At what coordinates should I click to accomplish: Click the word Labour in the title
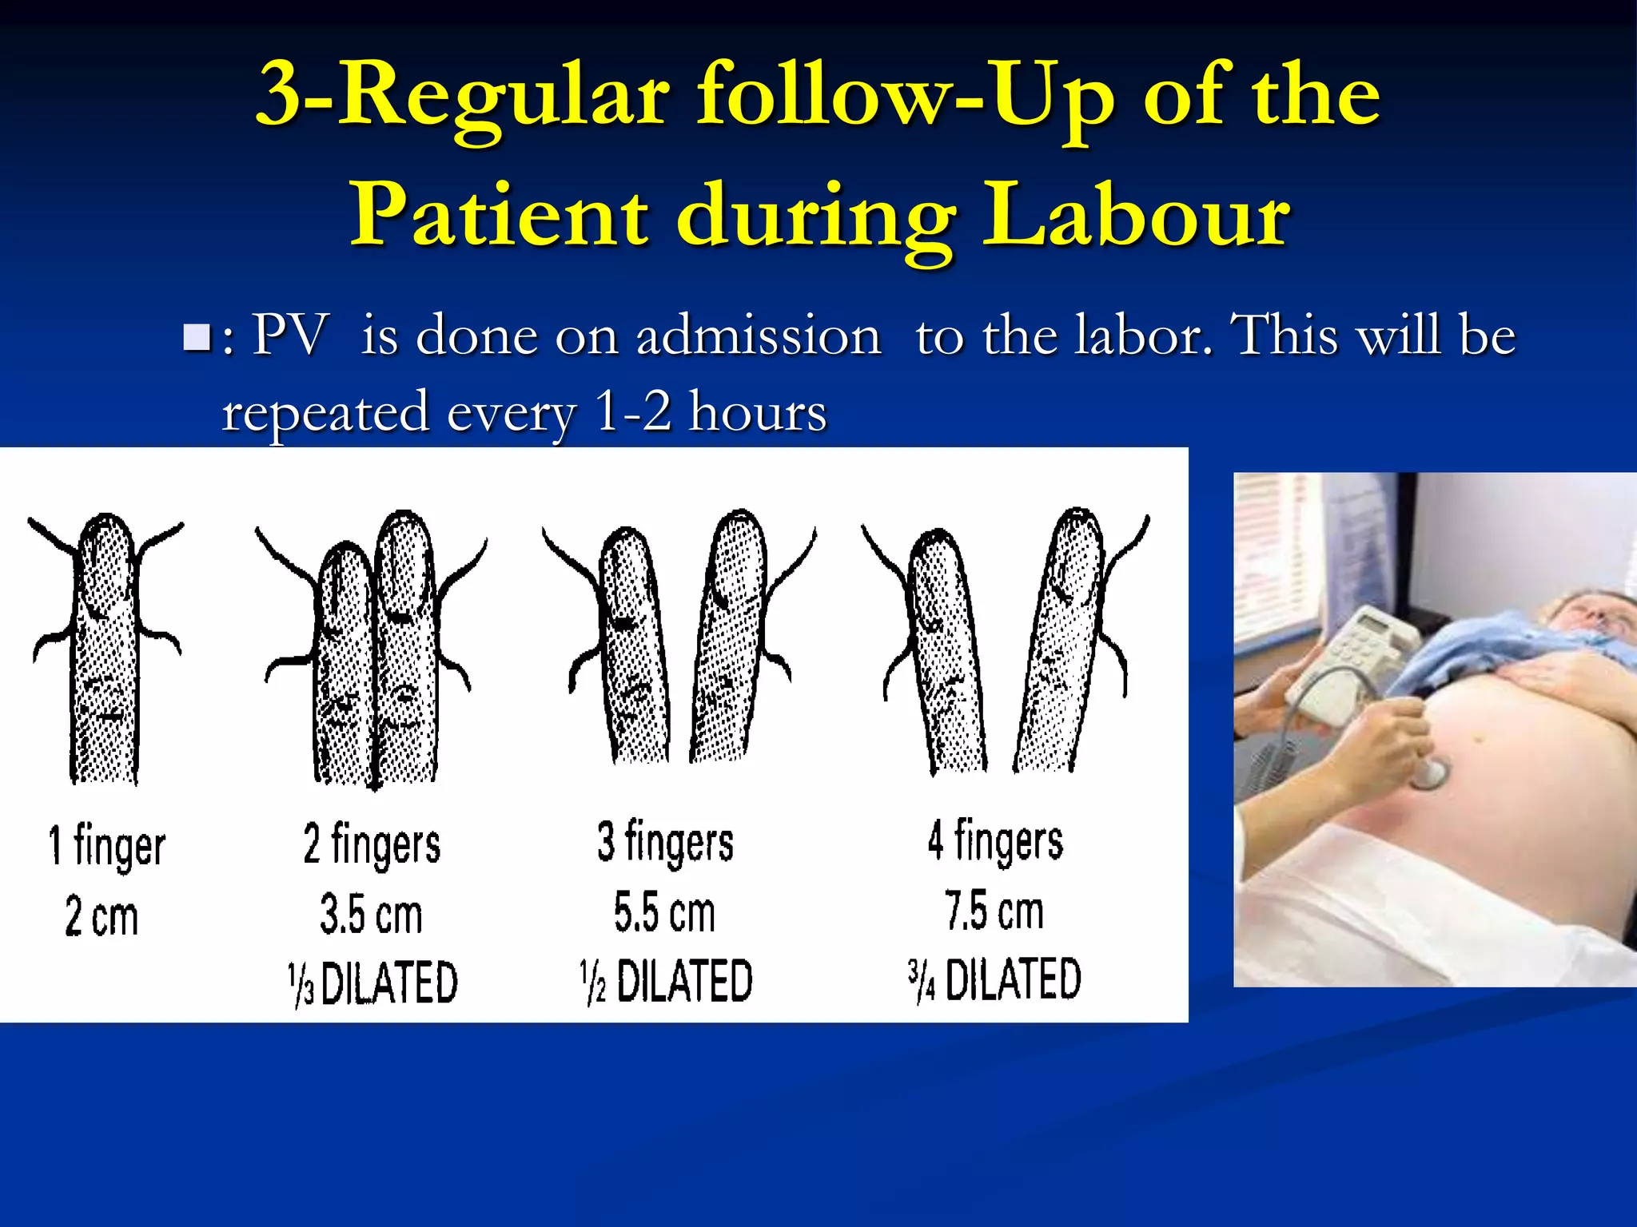pos(1136,214)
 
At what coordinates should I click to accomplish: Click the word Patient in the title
pos(500,214)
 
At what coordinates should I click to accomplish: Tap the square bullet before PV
pos(196,337)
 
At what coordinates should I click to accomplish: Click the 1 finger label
pos(106,847)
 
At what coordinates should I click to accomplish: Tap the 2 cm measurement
pos(102,916)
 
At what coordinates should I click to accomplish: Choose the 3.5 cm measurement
pos(371,915)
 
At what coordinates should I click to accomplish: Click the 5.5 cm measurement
pos(664,912)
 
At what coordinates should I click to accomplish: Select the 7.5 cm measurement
pos(994,911)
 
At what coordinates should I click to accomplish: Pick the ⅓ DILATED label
pos(372,983)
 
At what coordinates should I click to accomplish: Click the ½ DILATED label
pos(666,981)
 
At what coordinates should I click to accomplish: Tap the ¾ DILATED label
pos(994,979)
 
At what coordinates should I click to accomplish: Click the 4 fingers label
pos(995,841)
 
